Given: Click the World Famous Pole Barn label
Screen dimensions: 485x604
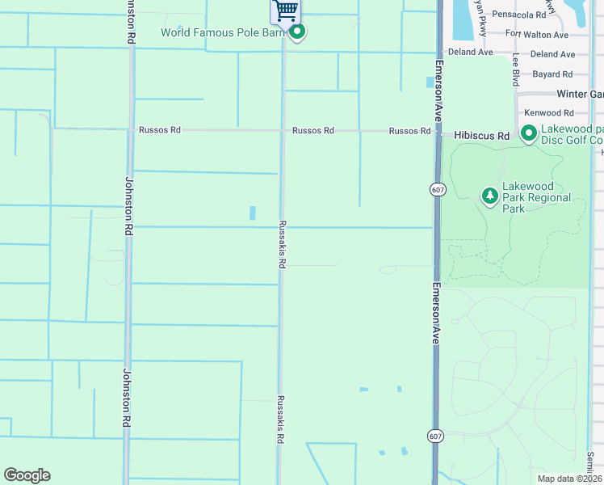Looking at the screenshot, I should coord(224,32).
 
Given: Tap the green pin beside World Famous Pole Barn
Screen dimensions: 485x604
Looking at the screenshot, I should coord(297,32).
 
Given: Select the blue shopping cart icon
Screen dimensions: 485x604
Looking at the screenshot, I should coord(284,10).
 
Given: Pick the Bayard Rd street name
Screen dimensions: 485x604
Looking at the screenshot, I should coord(552,74).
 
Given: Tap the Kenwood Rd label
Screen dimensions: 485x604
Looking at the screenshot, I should coord(548,113).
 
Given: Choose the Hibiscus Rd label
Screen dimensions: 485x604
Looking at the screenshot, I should coord(481,136).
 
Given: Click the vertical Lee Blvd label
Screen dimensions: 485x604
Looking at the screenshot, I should coord(515,70).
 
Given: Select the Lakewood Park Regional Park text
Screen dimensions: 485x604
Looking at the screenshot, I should coord(536,197).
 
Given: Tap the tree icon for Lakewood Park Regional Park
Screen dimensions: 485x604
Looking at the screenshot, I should coord(489,196).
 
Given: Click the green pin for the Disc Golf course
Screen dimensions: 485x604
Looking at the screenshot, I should coord(529,133).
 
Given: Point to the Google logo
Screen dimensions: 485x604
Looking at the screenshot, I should coord(27,475).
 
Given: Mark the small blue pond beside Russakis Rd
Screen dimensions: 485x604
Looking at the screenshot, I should coord(253,213).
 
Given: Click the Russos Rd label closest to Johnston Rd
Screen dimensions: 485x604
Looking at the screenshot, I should coord(159,129).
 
